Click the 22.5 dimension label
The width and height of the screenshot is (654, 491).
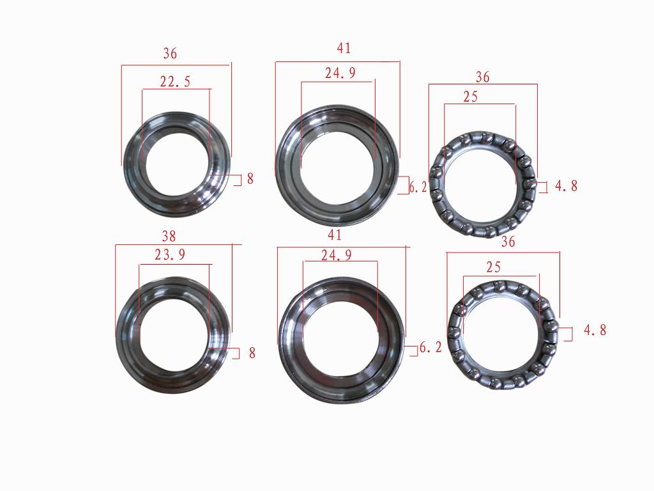coord(175,81)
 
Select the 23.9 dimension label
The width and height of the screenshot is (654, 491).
coord(171,255)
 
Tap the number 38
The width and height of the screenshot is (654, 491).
coord(169,236)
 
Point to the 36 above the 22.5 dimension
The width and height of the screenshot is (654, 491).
coord(170,54)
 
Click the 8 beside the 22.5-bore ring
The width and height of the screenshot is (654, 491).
coord(250,179)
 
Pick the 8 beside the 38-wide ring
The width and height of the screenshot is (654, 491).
coord(252,352)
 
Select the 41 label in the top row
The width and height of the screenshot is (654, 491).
coord(344,48)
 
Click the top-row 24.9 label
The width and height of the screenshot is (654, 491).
coord(340,73)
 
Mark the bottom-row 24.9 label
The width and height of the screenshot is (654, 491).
coord(336,255)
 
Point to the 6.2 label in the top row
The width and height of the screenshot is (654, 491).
coord(418,187)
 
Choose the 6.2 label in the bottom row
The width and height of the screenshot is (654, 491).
coord(430,348)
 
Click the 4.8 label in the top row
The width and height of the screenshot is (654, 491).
coord(566,186)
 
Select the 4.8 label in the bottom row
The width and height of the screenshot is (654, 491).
coord(595,331)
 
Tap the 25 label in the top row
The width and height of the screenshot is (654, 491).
coord(470,97)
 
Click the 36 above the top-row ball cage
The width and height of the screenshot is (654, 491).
coord(483,77)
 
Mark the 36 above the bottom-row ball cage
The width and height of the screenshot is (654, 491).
coord(508,242)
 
